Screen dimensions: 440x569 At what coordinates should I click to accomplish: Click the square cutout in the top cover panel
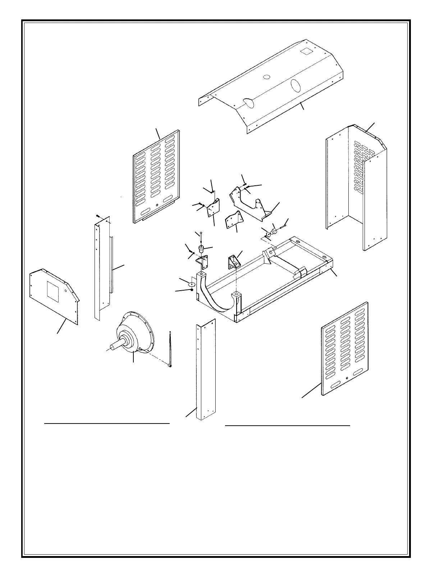(307, 51)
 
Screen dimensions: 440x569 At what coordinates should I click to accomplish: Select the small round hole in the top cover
(266, 77)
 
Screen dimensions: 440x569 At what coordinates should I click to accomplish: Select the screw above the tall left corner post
(98, 216)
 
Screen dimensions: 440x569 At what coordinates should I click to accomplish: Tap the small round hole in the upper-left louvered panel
(157, 205)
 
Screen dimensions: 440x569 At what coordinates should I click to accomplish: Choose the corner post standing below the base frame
(206, 370)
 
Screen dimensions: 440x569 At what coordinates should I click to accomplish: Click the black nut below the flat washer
(192, 290)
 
